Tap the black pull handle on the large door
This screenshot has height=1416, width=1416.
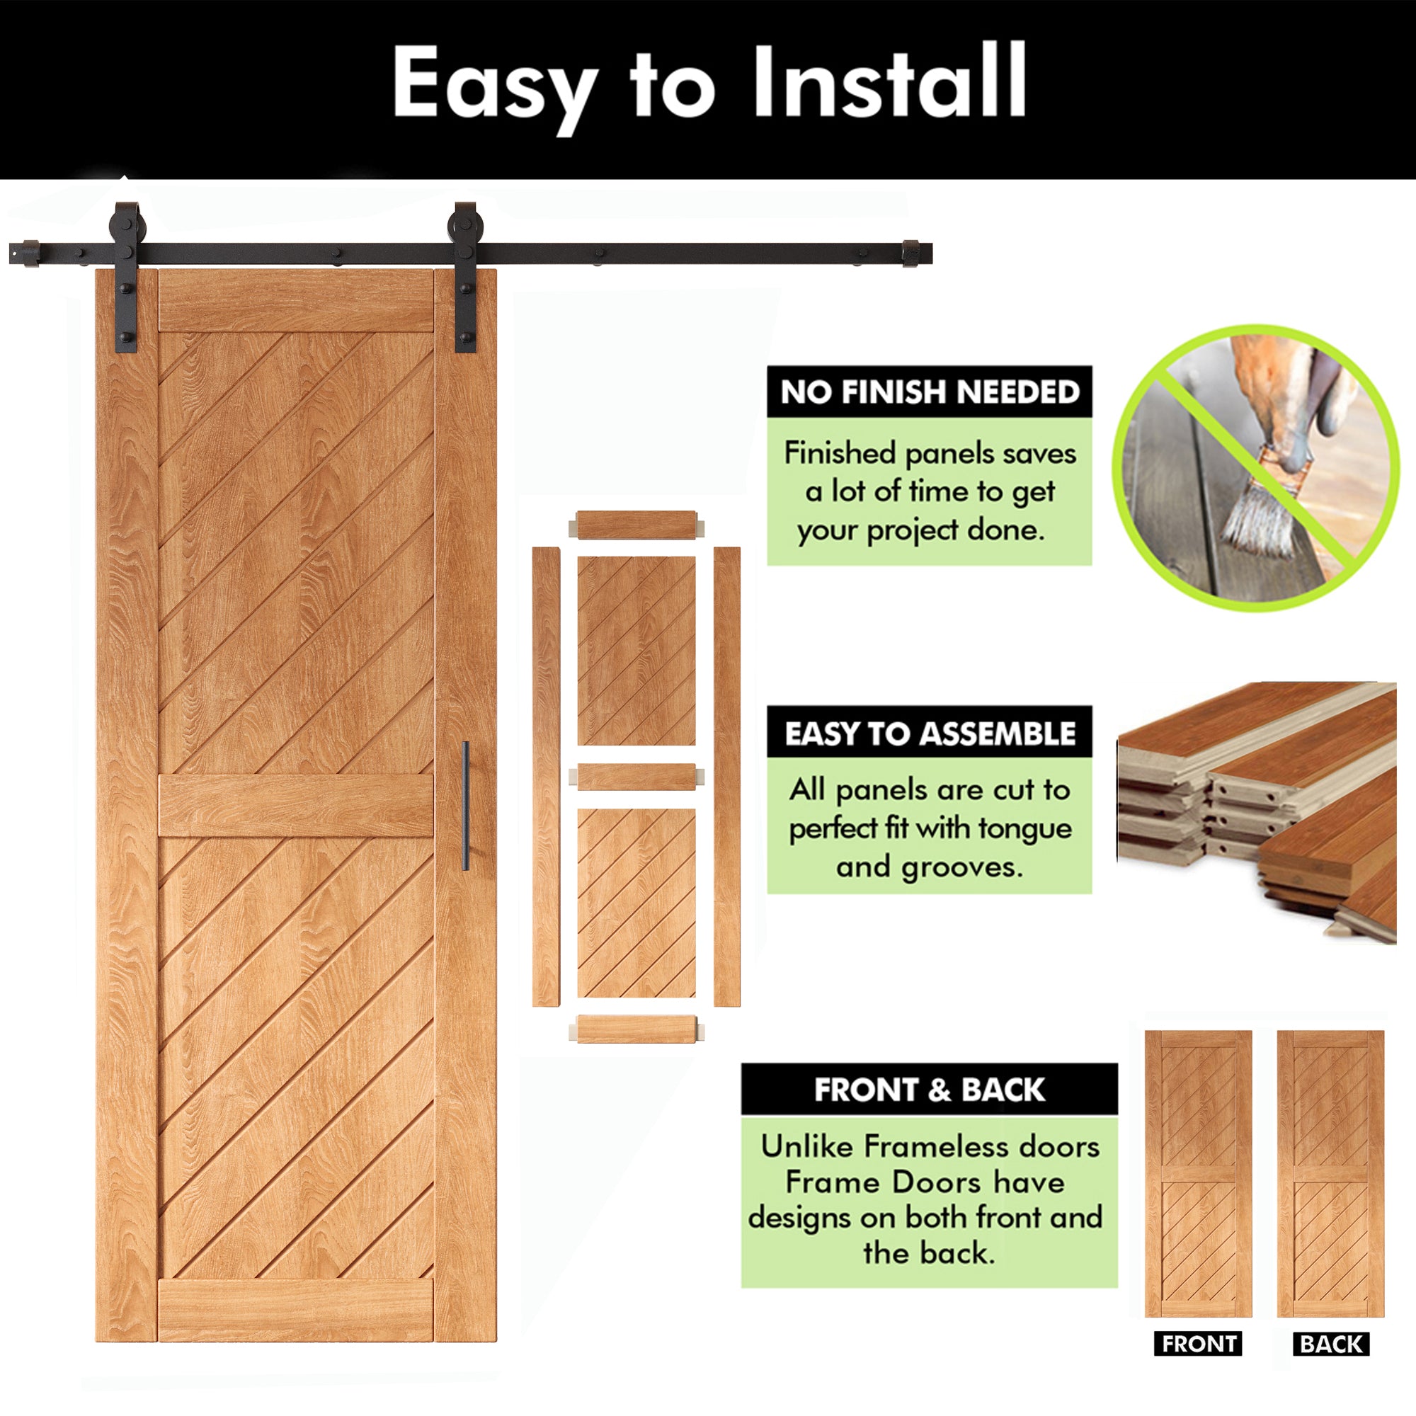pos(466,806)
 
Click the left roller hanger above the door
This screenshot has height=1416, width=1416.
pos(127,276)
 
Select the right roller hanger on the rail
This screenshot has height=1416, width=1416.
pos(466,276)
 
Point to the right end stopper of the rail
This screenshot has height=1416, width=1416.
pos(917,253)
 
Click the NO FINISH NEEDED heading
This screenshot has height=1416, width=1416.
pos(930,392)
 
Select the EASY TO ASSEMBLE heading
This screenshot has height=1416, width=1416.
pos(930,733)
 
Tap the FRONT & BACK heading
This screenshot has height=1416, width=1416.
pos(930,1090)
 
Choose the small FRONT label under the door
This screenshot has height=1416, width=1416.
pos(1199,1344)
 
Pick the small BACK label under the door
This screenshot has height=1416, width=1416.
pos(1331,1344)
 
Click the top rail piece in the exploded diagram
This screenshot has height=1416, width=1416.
pos(636,525)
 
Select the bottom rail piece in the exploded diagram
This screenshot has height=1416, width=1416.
pos(636,1029)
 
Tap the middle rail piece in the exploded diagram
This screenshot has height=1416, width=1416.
pos(636,776)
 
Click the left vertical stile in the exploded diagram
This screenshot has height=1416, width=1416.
pos(546,777)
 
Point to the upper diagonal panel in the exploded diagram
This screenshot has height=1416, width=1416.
pos(636,651)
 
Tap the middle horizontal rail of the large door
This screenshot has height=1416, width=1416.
pos(296,806)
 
